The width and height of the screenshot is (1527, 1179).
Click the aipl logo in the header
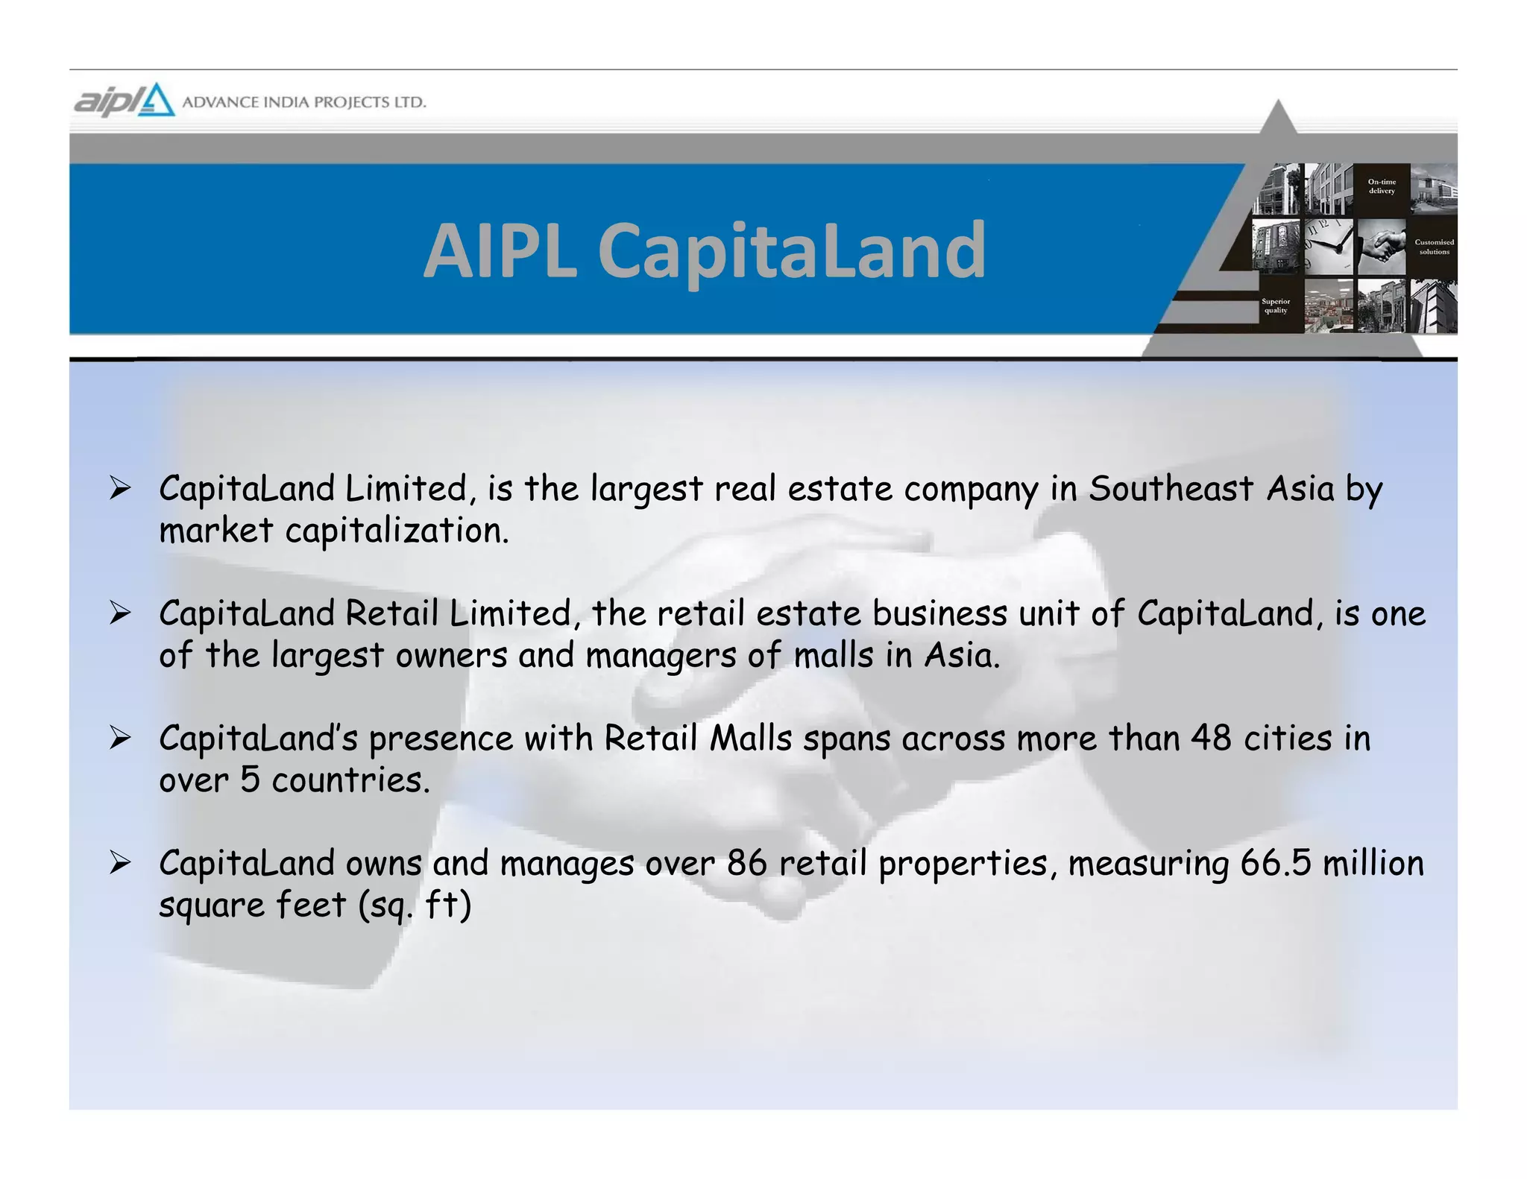coord(124,101)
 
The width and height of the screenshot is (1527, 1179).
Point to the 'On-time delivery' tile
coord(1381,186)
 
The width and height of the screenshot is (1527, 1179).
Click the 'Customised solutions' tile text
coord(1434,247)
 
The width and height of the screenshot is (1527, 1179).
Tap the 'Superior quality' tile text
coord(1275,306)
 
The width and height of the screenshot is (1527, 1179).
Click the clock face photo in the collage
coord(1327,246)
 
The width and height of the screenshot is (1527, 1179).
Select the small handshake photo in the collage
coord(1381,247)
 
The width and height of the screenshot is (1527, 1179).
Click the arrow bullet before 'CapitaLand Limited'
coord(120,489)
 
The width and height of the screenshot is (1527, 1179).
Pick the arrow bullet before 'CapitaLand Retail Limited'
coord(120,613)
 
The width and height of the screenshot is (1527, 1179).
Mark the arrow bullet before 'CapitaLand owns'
coord(120,863)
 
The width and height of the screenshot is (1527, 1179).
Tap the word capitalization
coord(397,531)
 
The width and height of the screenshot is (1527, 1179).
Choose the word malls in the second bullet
coord(833,656)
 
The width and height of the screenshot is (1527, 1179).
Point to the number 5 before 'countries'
coord(250,780)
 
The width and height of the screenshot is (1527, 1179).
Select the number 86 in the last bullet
coord(747,863)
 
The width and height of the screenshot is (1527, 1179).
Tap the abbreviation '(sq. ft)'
coord(415,905)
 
